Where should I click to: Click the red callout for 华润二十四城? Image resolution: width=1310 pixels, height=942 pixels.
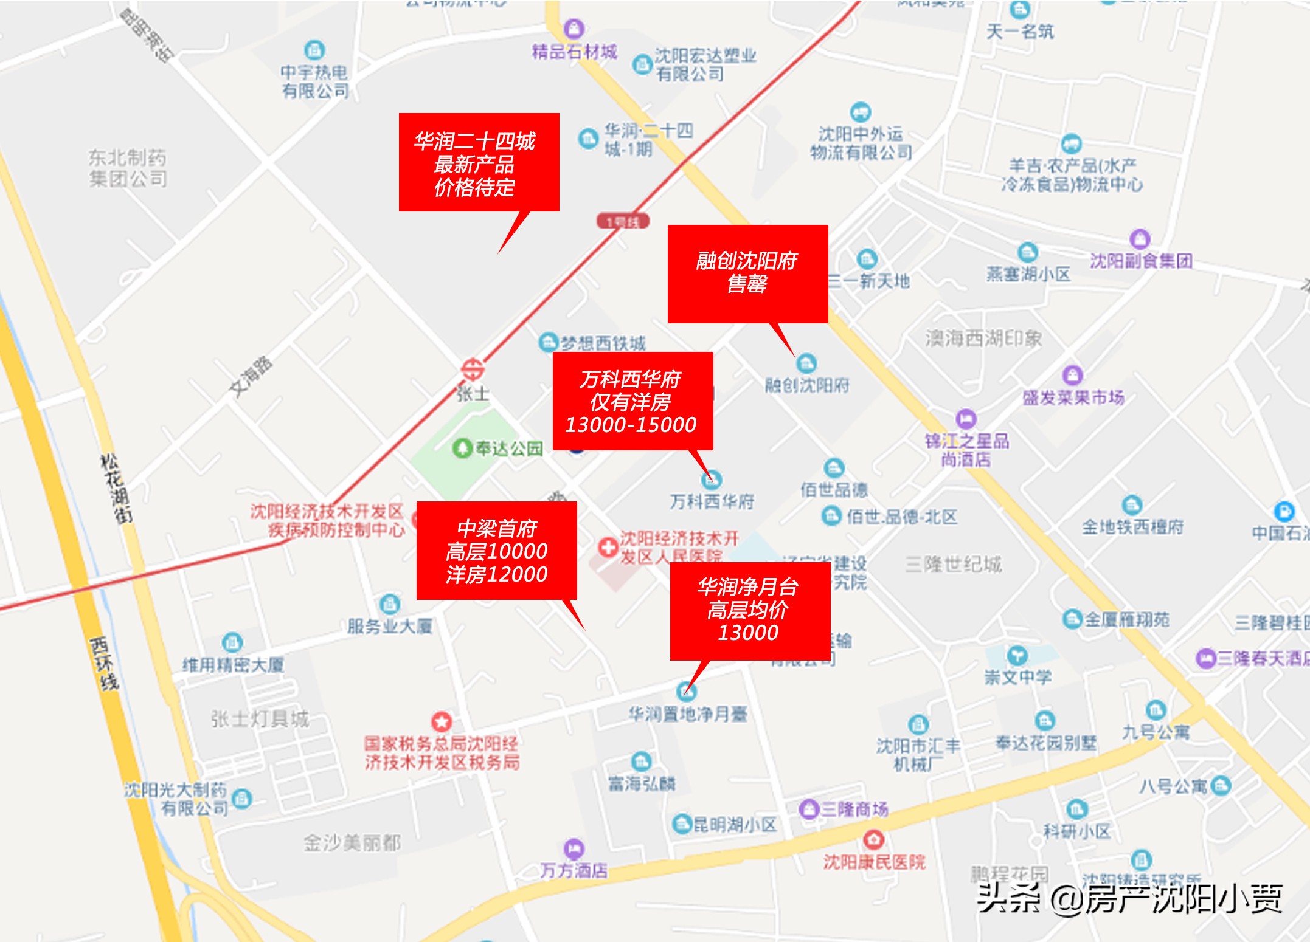(x=479, y=162)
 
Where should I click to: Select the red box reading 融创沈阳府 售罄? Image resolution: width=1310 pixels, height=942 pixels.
(x=747, y=273)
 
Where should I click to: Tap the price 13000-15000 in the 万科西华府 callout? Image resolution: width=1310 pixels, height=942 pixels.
(x=631, y=425)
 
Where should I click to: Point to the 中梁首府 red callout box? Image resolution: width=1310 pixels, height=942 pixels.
(x=496, y=551)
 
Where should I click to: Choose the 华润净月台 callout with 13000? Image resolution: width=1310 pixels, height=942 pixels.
(x=749, y=611)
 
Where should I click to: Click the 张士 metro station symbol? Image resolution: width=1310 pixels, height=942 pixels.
(x=472, y=369)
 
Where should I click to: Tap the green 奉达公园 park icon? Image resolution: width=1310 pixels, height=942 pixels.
(x=462, y=449)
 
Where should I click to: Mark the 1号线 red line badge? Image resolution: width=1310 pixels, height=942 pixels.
(x=623, y=222)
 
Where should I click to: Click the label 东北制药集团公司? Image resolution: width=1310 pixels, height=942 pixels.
(x=128, y=168)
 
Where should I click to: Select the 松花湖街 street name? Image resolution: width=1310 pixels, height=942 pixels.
(x=116, y=488)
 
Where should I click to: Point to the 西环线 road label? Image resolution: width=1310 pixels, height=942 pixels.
(x=103, y=664)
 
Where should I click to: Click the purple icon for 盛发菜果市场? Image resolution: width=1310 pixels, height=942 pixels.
(x=1072, y=374)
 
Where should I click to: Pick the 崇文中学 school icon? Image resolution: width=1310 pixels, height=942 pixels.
(x=1017, y=655)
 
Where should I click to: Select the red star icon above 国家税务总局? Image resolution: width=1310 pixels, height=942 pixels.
(x=442, y=721)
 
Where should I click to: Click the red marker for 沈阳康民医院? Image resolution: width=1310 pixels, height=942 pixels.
(x=874, y=839)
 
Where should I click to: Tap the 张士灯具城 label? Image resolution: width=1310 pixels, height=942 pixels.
(x=260, y=720)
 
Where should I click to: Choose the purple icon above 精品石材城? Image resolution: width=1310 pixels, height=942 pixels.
(x=574, y=28)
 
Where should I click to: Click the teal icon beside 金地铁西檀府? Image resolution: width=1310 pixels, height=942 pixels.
(x=1132, y=504)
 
